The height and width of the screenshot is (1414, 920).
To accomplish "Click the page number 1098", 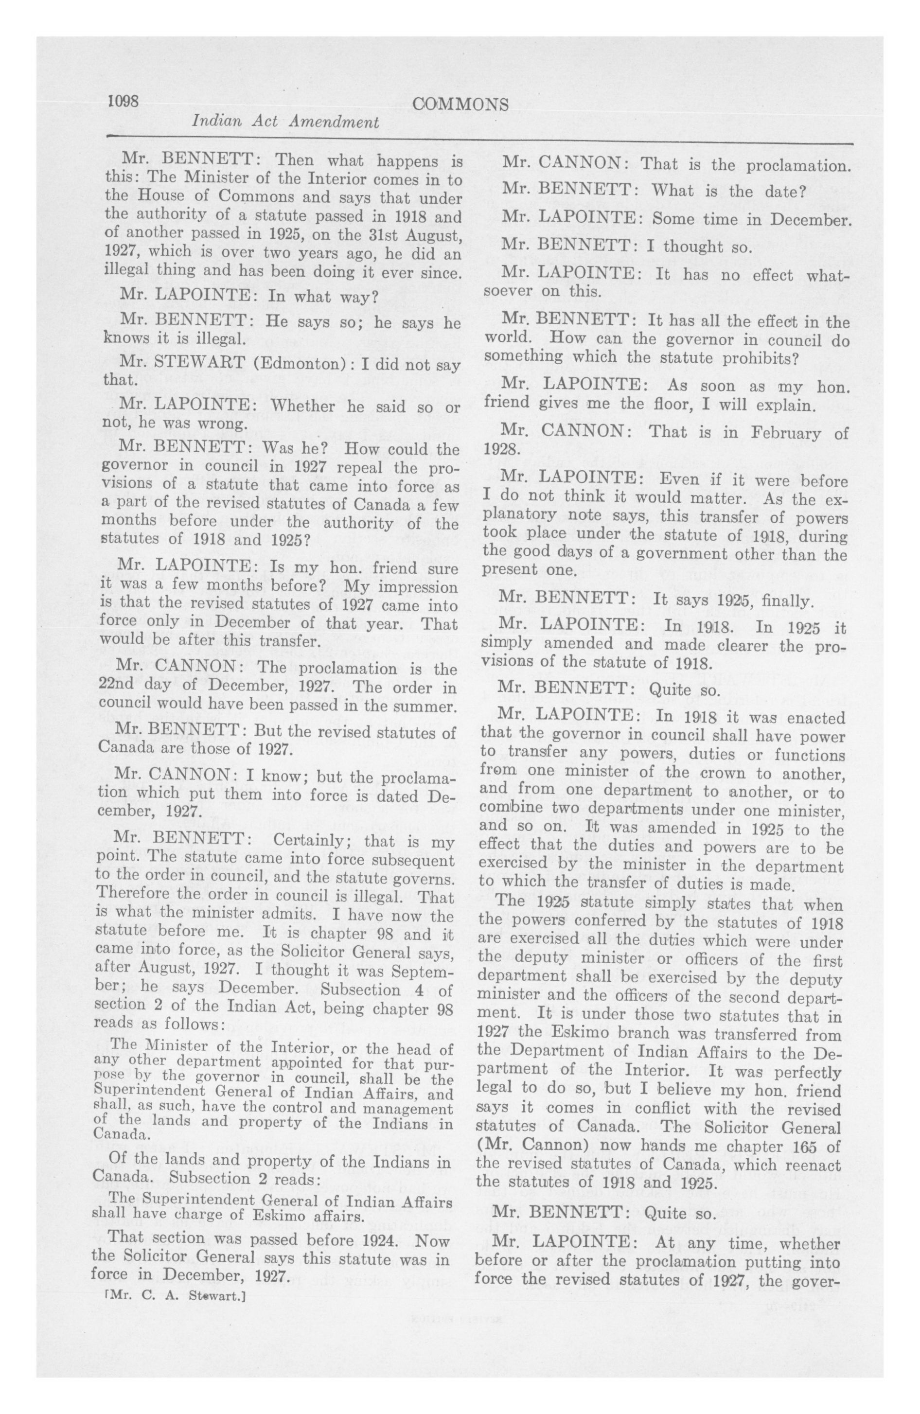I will tap(123, 102).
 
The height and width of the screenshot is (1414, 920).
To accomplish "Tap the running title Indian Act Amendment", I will tap(286, 123).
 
